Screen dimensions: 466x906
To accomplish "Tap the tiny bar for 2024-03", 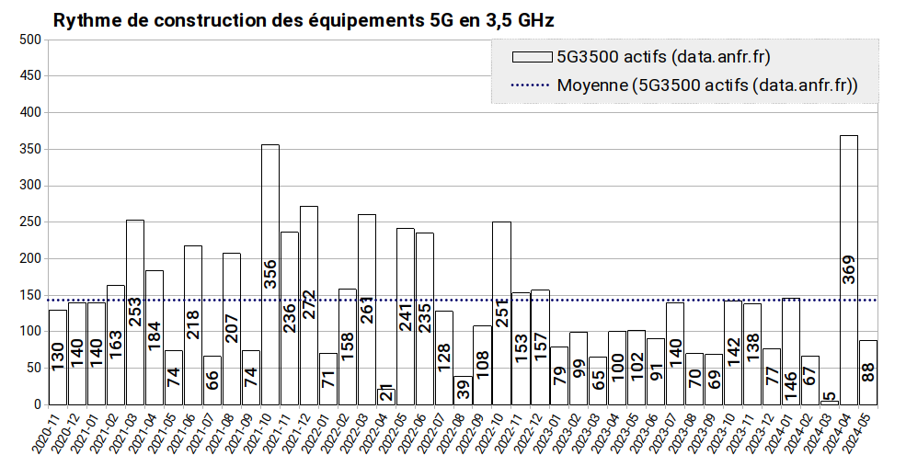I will [830, 402].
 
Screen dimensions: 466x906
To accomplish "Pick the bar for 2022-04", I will [386, 396].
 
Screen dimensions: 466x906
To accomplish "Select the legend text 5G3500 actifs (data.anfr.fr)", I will [662, 57].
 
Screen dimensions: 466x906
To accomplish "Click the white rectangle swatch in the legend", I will [531, 57].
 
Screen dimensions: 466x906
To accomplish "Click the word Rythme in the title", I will [83, 19].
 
